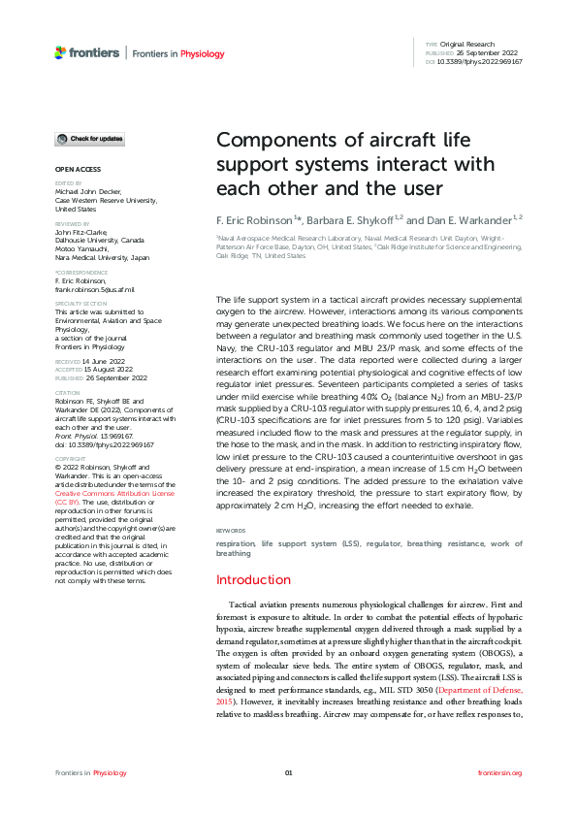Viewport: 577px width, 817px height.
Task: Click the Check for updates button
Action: (x=89, y=139)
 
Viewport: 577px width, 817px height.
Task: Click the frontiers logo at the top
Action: (x=87, y=52)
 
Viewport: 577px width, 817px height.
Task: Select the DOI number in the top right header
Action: (x=480, y=61)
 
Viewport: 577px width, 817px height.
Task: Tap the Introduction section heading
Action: (x=252, y=580)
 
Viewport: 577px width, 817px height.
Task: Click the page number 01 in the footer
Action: (x=288, y=772)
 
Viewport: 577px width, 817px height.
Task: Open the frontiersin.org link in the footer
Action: (x=500, y=772)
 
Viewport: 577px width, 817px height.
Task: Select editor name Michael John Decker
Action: (x=93, y=192)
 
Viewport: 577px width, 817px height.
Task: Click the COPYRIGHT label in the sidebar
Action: (x=70, y=460)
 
